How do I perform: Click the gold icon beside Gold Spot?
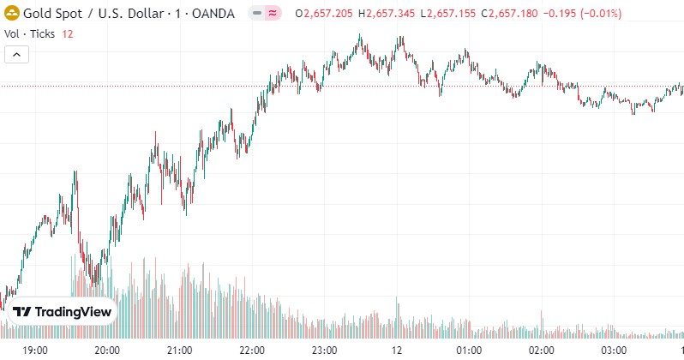click(x=12, y=14)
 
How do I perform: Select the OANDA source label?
click(x=211, y=14)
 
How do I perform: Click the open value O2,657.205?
click(x=324, y=14)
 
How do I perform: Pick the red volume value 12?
click(x=68, y=33)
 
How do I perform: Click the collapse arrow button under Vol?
click(x=17, y=54)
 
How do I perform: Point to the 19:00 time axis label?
click(x=35, y=350)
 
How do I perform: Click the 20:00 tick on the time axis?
click(x=107, y=350)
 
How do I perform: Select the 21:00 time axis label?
click(x=179, y=350)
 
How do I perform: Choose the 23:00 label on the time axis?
click(x=325, y=350)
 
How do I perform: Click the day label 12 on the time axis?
click(x=397, y=350)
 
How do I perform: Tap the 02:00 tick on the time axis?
click(x=541, y=350)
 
